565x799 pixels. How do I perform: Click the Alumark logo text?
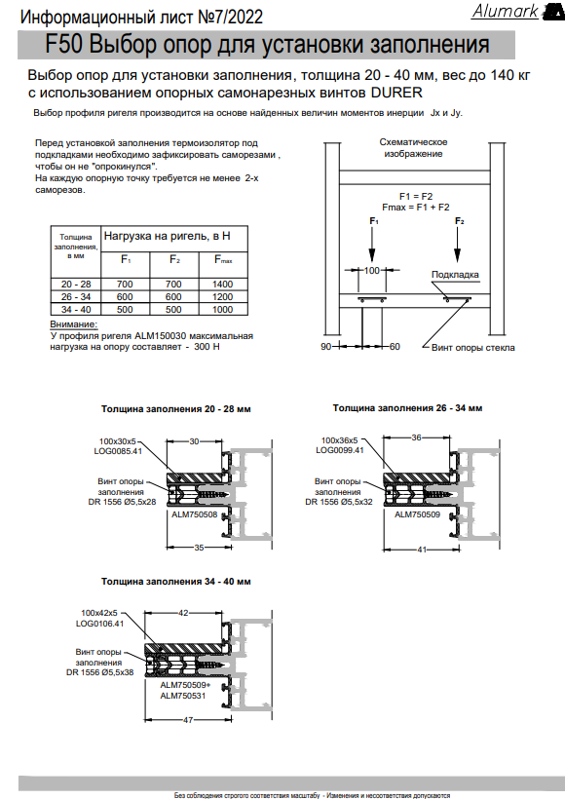point(505,11)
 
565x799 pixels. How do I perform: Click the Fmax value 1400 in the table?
point(223,285)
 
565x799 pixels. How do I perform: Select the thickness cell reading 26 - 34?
point(76,296)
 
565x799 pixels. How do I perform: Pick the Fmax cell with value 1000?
point(223,309)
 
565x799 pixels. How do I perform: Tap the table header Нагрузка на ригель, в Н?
point(168,236)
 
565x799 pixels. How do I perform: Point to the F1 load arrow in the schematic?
point(372,244)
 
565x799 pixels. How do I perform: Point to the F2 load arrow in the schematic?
point(458,244)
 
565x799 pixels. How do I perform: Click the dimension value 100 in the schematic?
point(371,270)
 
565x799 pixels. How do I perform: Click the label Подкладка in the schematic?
point(455,275)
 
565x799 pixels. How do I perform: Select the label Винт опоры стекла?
point(472,348)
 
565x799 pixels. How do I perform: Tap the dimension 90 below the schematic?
point(325,347)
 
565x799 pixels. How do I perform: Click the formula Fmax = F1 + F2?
point(416,208)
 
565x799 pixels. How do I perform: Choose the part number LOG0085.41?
point(118,451)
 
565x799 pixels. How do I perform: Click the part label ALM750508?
point(194,514)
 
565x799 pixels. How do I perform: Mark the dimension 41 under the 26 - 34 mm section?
point(422,550)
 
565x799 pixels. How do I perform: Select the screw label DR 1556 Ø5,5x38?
point(100,672)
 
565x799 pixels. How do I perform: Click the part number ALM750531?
point(183,696)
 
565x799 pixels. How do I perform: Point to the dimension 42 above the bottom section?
point(183,613)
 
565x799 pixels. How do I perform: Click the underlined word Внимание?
point(73,324)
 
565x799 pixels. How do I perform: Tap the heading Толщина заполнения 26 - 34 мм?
point(407,408)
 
